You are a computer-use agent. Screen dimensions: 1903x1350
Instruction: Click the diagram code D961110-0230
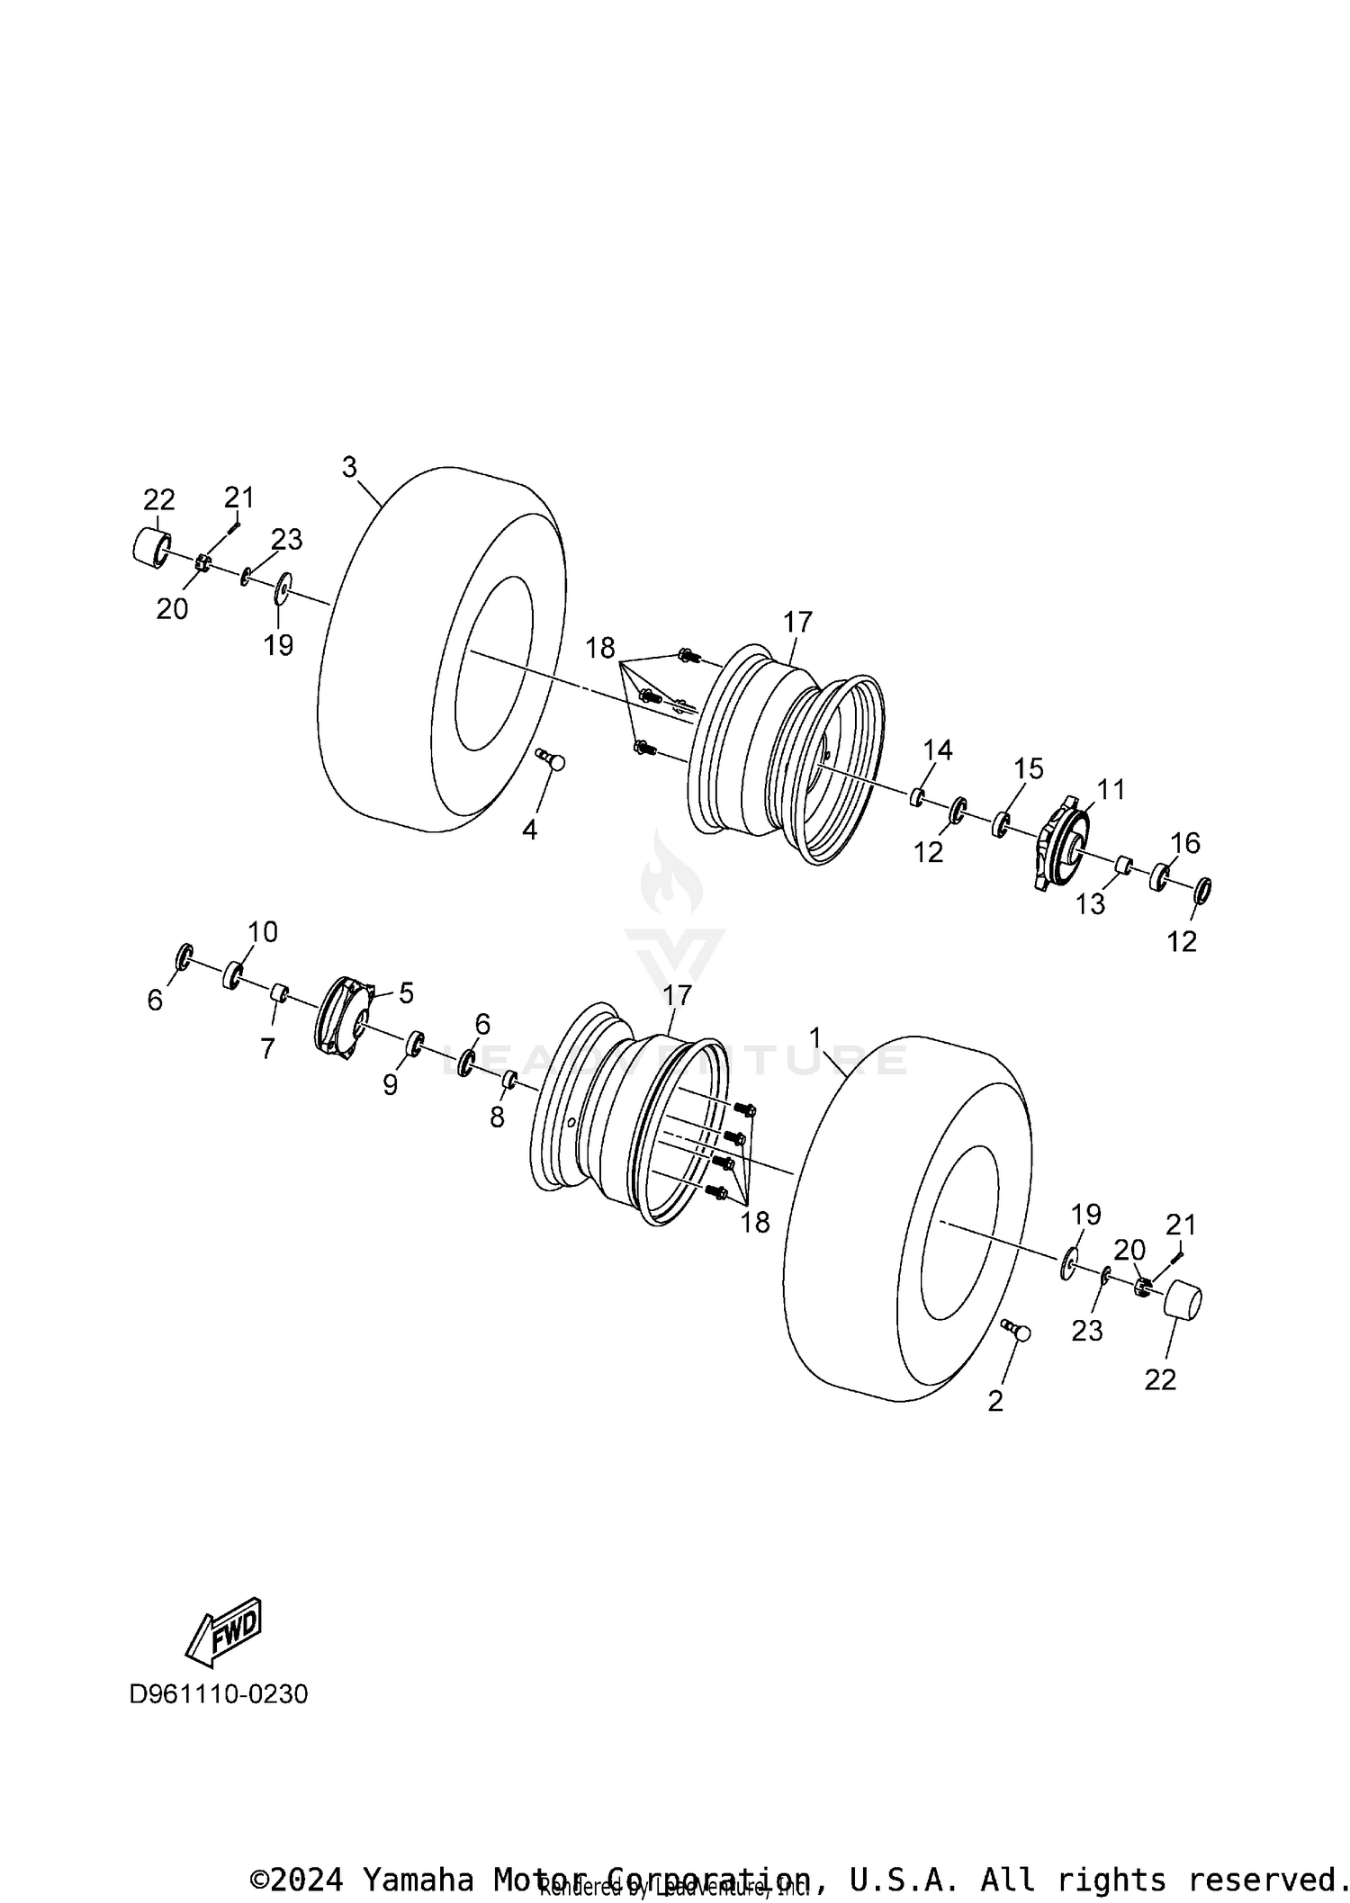pos(219,1694)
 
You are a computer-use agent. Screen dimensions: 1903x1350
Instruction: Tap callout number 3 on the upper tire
pos(349,467)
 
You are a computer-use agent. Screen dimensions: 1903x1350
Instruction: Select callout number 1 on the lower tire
pos(815,1038)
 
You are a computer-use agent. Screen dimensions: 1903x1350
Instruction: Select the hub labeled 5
pos(344,1015)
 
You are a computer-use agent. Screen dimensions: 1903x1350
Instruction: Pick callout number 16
pos(1185,842)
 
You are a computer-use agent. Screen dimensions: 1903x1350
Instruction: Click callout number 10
pos(263,931)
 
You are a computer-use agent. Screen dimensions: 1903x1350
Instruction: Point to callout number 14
pos(937,750)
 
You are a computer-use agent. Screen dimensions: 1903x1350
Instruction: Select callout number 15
pos(1028,768)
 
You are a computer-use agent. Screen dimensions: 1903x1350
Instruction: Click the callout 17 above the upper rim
pos(797,622)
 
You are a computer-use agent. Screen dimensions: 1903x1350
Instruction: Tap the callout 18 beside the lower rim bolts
pos(755,1221)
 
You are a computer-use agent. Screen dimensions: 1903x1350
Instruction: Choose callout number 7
pos(267,1048)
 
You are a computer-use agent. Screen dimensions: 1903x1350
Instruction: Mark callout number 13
pos(1090,903)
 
